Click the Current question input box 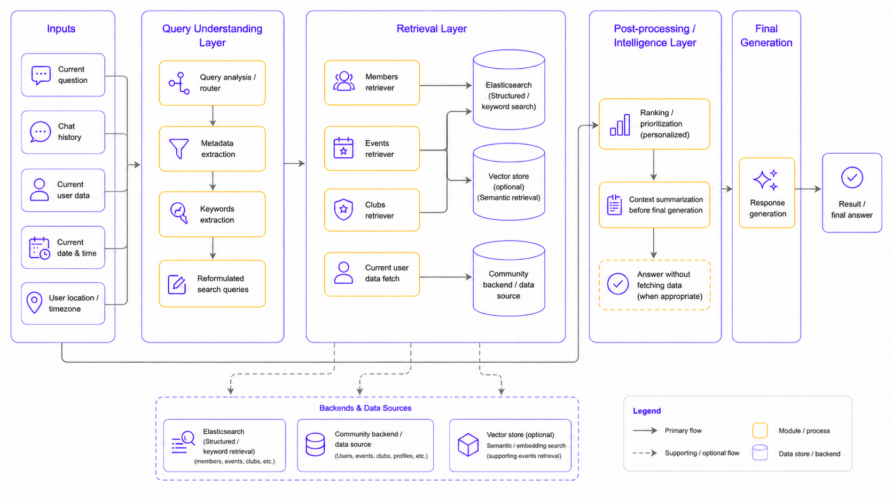[63, 75]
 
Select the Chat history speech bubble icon [40, 132]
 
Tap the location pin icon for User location [34, 302]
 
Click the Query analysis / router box [212, 83]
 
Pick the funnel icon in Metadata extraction [178, 148]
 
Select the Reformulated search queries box [212, 283]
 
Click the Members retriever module [372, 82]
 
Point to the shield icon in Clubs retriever [343, 210]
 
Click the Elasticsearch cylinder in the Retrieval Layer [508, 90]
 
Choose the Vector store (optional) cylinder [508, 182]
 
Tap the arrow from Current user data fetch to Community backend [446, 277]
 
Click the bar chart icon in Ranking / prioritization [620, 125]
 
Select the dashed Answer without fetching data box [655, 285]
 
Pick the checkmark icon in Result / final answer [852, 178]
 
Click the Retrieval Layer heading [432, 29]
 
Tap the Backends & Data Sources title [365, 408]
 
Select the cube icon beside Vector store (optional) [468, 445]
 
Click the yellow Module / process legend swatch [760, 431]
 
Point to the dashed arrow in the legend [645, 453]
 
